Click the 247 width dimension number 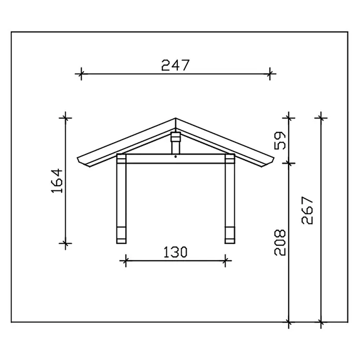[175, 65]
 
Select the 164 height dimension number [57, 181]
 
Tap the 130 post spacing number [175, 252]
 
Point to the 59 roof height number [280, 141]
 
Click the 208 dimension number [280, 242]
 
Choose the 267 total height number [307, 211]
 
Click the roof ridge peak [176, 118]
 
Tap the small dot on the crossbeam [176, 157]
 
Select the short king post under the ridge [176, 143]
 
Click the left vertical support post [122, 199]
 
